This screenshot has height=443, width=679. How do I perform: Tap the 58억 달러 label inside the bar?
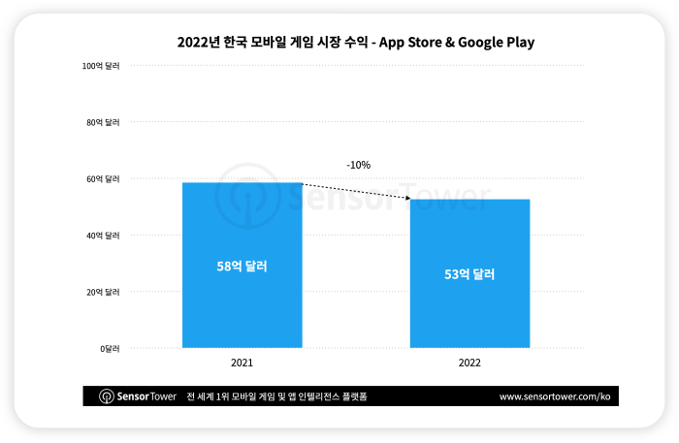(242, 266)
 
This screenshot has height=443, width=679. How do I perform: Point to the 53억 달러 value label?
(469, 274)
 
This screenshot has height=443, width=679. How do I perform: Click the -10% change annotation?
(358, 165)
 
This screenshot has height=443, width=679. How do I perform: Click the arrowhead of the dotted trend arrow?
(407, 200)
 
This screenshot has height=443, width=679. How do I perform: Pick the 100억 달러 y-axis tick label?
(101, 66)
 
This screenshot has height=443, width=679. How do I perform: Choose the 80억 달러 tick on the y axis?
(102, 122)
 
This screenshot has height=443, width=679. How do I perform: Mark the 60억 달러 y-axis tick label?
(102, 179)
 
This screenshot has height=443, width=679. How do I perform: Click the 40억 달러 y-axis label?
(102, 236)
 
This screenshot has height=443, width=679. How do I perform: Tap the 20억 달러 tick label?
(102, 292)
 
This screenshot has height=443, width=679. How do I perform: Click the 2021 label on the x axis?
(242, 364)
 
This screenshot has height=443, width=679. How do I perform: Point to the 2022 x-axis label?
(469, 364)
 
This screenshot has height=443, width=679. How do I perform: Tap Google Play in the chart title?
(497, 42)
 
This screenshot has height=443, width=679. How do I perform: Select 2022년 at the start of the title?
(198, 42)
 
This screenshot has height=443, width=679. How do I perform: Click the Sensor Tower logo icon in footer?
(107, 396)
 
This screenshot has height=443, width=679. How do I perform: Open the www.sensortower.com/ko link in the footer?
(554, 396)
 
